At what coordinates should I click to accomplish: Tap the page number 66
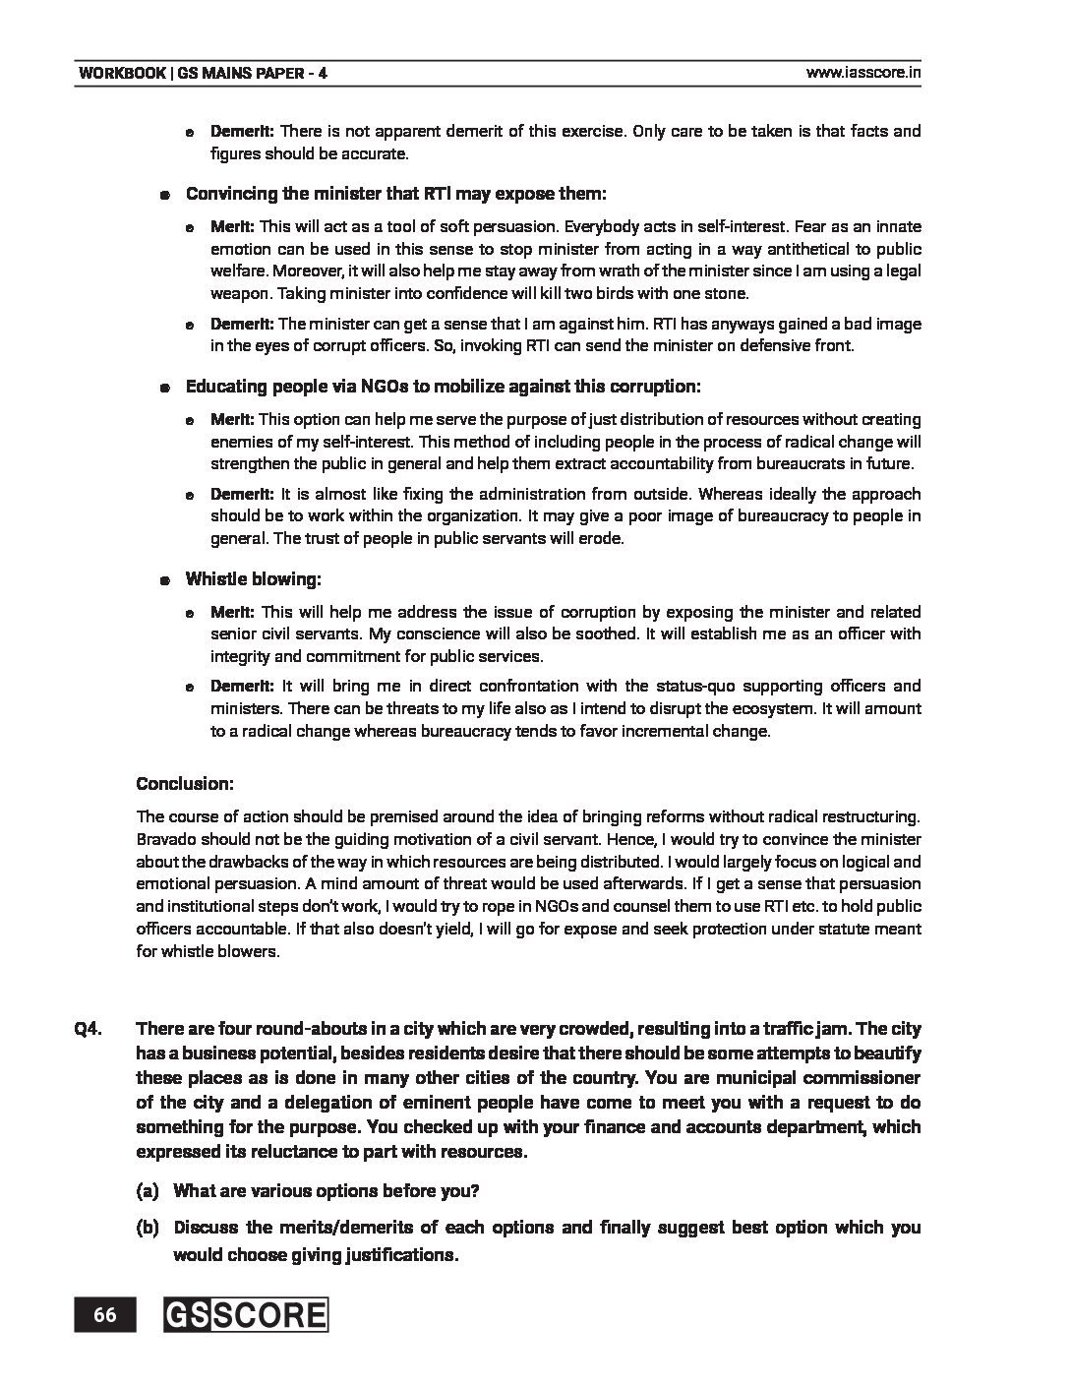tap(106, 1315)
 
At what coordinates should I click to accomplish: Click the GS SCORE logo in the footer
tap(246, 1315)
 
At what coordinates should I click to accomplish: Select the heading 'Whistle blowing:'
tap(254, 579)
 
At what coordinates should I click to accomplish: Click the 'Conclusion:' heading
tap(185, 784)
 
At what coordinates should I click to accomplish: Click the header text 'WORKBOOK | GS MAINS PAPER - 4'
tap(204, 73)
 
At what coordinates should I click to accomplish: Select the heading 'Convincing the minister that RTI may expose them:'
tap(396, 193)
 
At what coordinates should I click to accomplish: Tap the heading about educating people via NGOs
tap(443, 387)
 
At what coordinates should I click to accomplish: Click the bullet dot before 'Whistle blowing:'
tap(167, 580)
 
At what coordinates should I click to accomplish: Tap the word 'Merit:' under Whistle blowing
tap(232, 612)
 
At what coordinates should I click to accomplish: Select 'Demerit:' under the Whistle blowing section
tap(241, 686)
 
